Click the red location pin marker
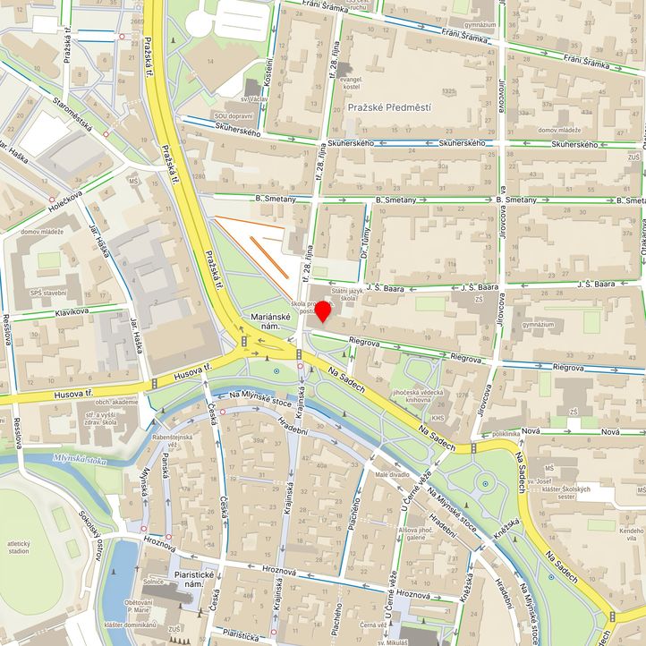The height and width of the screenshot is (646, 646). coord(323,311)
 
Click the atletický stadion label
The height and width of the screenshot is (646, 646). coord(19,548)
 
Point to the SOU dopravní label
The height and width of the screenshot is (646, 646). coord(233,116)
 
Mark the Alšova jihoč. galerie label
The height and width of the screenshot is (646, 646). coord(404,532)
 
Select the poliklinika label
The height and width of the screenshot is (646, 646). coord(506,433)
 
